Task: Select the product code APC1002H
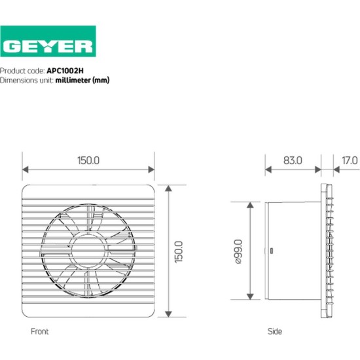click(69, 70)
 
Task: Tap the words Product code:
click(22, 70)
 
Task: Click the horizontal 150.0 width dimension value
click(88, 160)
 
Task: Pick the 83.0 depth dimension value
click(293, 160)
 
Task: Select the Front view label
click(40, 332)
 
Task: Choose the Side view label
click(276, 332)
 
